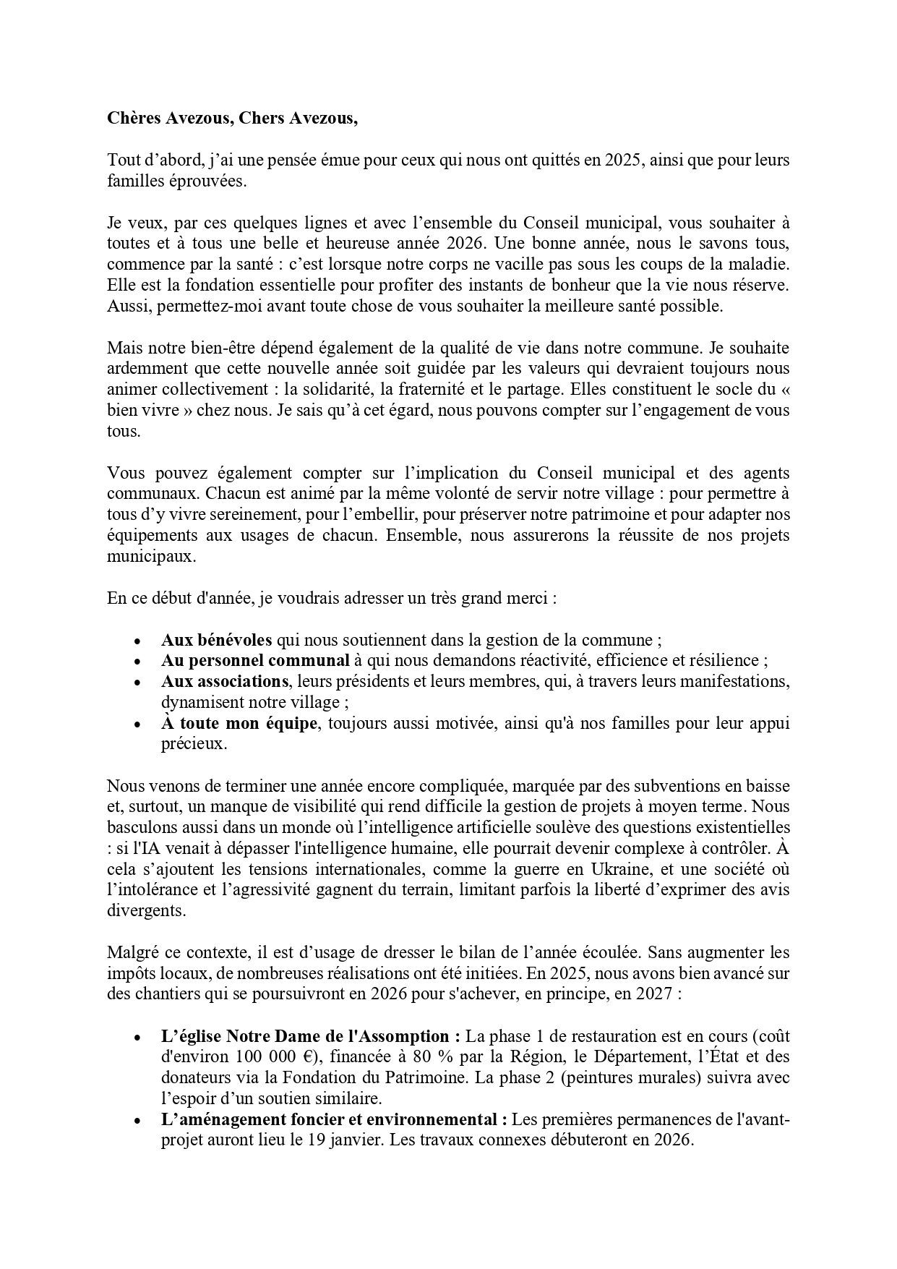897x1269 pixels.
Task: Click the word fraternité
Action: tap(417, 389)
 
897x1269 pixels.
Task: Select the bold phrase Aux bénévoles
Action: tap(216, 640)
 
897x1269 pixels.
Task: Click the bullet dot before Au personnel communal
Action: tap(137, 662)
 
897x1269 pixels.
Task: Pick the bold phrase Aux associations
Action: tap(225, 681)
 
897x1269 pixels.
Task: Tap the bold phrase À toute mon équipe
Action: tap(239, 723)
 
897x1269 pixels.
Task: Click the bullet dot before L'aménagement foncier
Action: tap(137, 1121)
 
